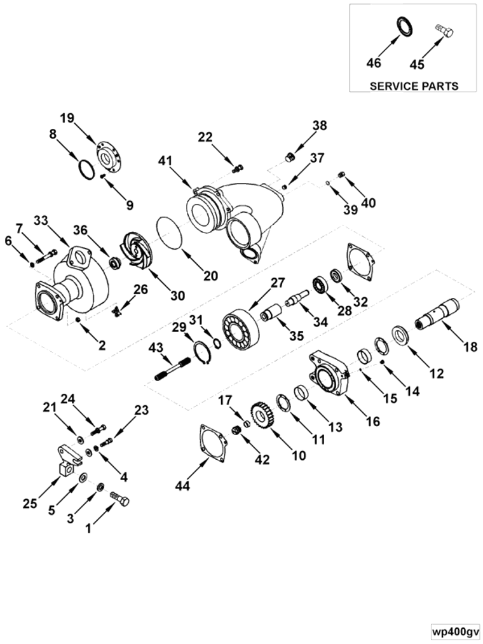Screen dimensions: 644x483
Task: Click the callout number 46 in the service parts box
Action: click(374, 63)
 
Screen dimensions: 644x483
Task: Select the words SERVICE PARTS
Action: click(413, 86)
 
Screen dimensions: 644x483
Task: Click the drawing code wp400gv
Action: click(454, 632)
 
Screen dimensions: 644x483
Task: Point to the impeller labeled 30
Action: click(135, 251)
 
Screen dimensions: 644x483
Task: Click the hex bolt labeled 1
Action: click(119, 499)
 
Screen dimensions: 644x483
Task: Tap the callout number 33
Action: click(58, 220)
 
